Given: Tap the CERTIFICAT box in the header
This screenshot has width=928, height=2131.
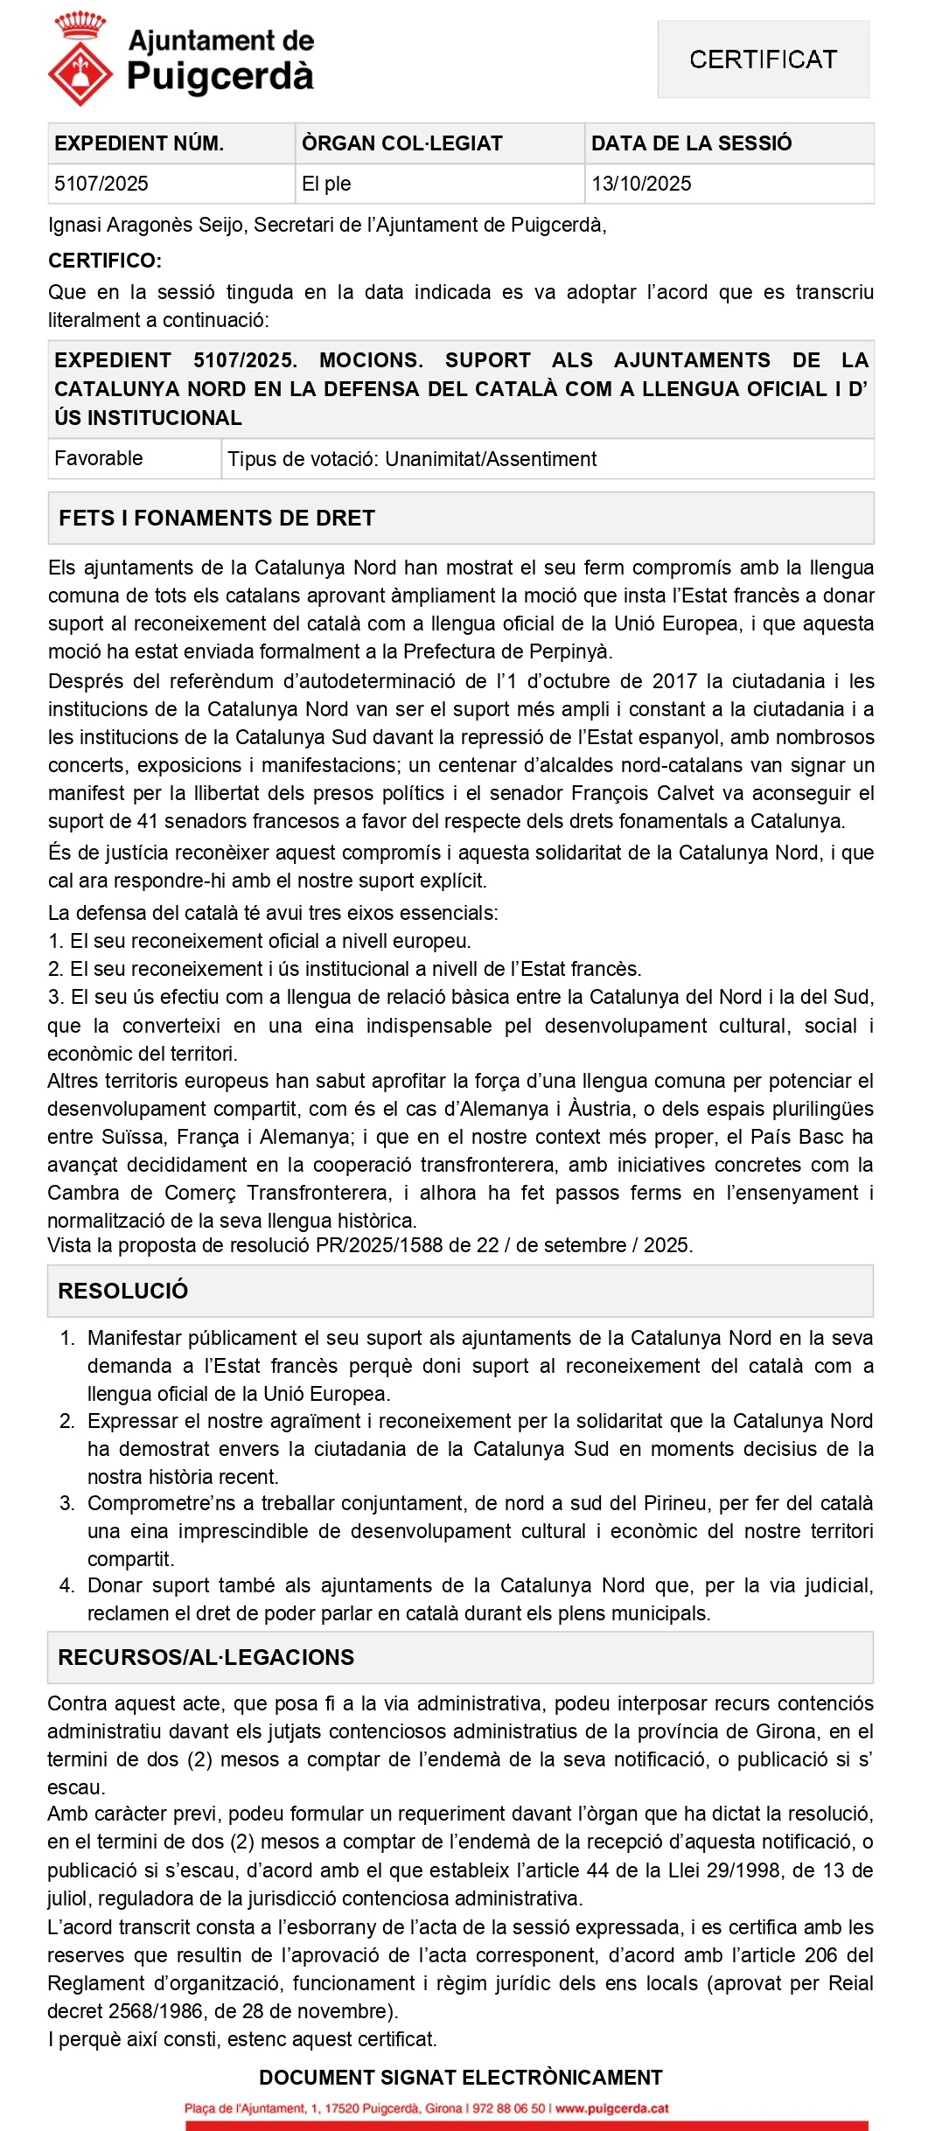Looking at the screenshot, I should click(763, 59).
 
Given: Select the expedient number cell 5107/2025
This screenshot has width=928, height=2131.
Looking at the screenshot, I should click(101, 184).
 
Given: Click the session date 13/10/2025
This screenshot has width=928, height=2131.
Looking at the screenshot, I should click(641, 184).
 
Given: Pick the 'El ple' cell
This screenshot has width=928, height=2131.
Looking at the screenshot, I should click(326, 184).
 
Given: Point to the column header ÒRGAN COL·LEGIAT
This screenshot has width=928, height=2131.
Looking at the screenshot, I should click(402, 143).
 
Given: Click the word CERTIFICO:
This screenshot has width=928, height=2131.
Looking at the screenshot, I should click(105, 261).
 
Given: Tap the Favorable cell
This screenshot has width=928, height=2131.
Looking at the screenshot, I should click(99, 458).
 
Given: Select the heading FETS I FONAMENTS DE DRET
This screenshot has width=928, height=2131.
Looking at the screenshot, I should click(217, 518).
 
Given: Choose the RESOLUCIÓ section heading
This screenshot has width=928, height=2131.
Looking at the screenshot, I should click(123, 1291).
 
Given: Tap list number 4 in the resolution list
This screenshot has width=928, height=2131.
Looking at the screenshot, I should click(67, 1585).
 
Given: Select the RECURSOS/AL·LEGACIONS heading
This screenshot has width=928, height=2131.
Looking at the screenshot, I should click(206, 1657).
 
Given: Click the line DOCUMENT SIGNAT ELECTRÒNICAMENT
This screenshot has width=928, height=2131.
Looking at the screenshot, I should click(461, 2078).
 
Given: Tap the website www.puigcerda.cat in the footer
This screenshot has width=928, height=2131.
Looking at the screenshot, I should click(612, 2108).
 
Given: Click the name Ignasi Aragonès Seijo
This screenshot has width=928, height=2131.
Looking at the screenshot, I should click(145, 225).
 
